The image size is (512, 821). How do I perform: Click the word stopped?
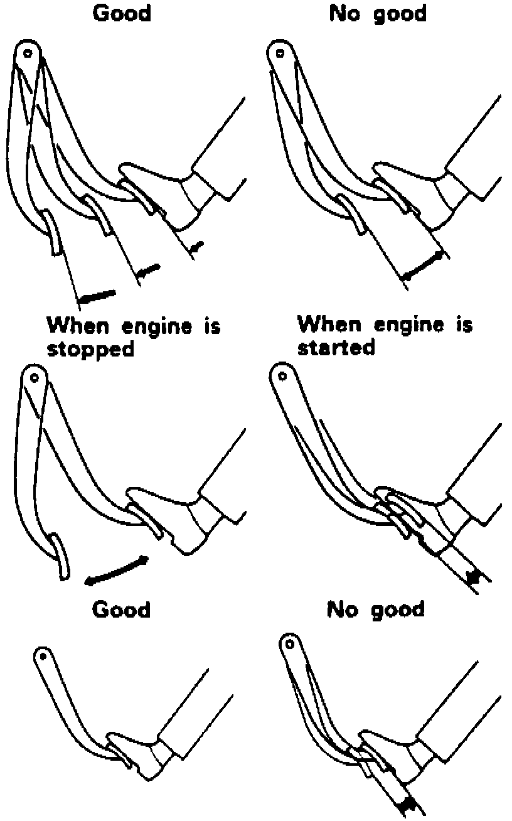tap(91, 350)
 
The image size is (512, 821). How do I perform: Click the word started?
tap(336, 347)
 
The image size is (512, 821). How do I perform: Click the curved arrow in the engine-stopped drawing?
tap(116, 571)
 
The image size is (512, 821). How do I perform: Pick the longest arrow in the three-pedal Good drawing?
tap(97, 296)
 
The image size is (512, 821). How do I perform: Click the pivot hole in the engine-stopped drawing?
tap(35, 377)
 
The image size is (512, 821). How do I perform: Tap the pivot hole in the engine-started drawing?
tap(282, 376)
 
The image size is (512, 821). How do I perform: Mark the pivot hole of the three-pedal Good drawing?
tap(28, 53)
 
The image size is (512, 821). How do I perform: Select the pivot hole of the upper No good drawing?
tap(280, 53)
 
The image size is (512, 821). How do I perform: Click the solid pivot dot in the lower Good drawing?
tap(43, 656)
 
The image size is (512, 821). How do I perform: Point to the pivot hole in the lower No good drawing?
tap(289, 644)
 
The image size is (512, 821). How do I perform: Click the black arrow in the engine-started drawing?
tap(473, 577)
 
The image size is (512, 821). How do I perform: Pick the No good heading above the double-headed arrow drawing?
tap(378, 14)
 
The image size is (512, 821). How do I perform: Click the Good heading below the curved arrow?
tap(121, 610)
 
